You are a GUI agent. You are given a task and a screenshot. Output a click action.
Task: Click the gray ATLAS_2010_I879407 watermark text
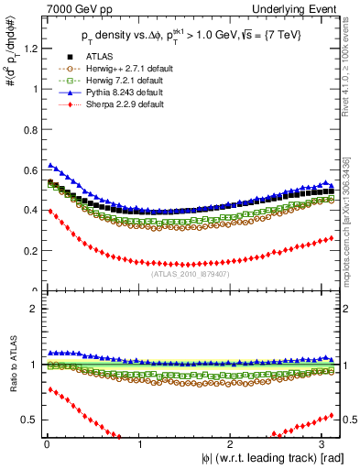(189, 273)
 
